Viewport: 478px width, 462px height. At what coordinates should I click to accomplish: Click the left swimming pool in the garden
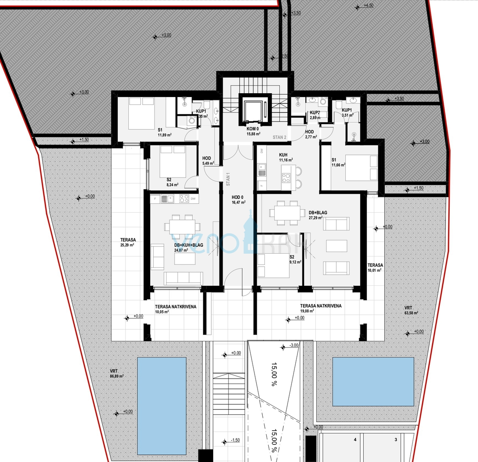point(161,406)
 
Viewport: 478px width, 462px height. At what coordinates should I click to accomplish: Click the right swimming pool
point(373,382)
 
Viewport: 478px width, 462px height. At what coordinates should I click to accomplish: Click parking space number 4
point(355,439)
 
